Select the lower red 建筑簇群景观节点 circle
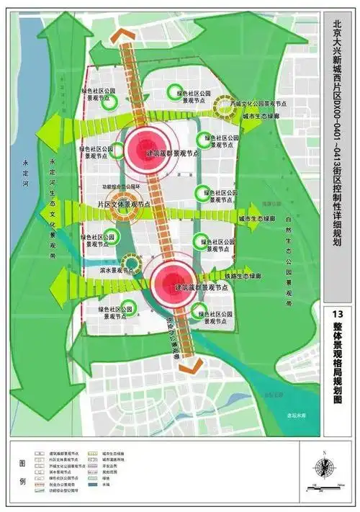point(171,277)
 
